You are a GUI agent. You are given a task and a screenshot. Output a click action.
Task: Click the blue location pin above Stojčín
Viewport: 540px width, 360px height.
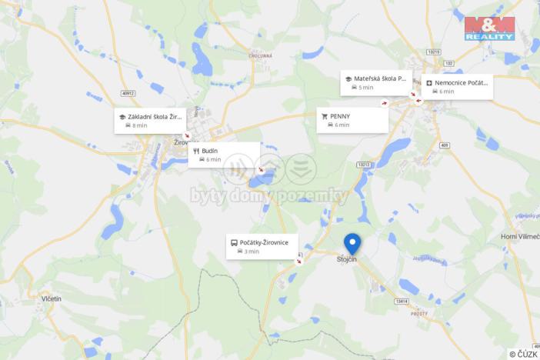[x=352, y=243]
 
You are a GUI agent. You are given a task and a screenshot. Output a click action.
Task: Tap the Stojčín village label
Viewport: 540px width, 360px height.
[x=347, y=260]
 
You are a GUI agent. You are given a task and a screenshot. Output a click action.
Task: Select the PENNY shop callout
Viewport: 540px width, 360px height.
[x=352, y=119]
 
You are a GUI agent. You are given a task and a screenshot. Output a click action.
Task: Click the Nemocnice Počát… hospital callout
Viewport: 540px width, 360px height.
[x=457, y=86]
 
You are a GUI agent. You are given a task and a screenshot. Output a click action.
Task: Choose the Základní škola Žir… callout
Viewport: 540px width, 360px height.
[x=150, y=120]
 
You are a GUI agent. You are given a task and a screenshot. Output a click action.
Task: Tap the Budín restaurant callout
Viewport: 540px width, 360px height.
[x=224, y=155]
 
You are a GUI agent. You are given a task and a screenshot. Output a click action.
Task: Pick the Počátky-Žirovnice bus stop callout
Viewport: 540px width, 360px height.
[x=262, y=246]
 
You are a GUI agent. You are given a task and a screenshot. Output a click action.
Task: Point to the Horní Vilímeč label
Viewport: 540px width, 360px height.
[x=520, y=236]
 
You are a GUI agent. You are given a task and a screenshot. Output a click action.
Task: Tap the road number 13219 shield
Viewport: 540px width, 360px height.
[x=434, y=52]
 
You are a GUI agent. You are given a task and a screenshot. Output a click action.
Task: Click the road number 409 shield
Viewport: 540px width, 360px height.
[x=445, y=144]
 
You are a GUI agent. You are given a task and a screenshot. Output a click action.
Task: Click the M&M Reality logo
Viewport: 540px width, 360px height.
[x=489, y=28]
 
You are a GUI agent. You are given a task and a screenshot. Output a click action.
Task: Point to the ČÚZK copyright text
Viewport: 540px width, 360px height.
[x=523, y=354]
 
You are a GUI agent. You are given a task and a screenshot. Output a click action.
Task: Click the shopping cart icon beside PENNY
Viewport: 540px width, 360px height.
[x=325, y=116]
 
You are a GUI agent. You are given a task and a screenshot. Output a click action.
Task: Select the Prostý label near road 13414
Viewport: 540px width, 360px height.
[x=419, y=314]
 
